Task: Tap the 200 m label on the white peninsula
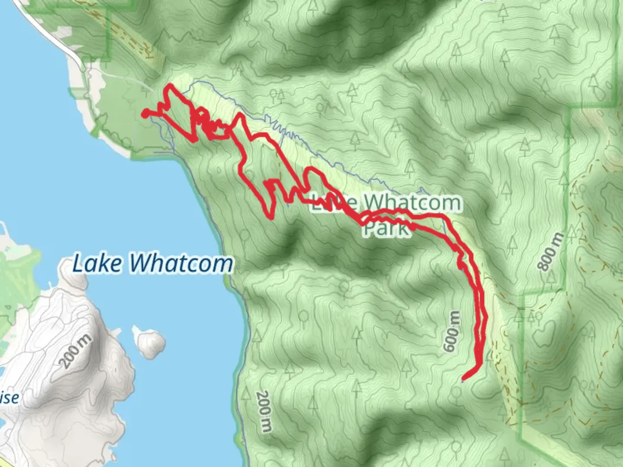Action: (77, 351)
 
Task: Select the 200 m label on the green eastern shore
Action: (264, 411)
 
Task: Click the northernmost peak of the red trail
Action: (170, 86)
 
